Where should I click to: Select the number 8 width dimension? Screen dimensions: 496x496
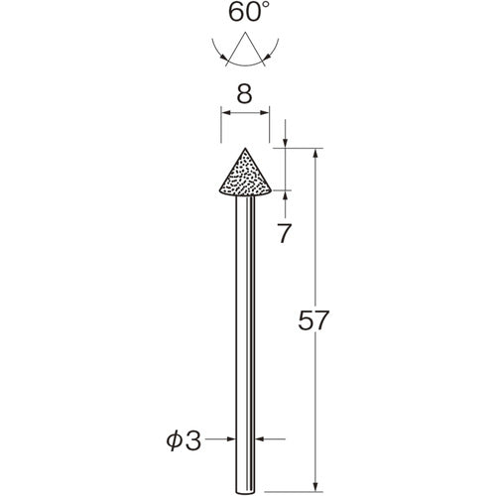point(244,95)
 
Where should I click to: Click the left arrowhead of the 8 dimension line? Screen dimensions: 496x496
point(223,115)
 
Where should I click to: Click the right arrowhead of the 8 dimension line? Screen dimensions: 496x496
point(265,115)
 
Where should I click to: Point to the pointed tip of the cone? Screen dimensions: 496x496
point(244,148)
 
